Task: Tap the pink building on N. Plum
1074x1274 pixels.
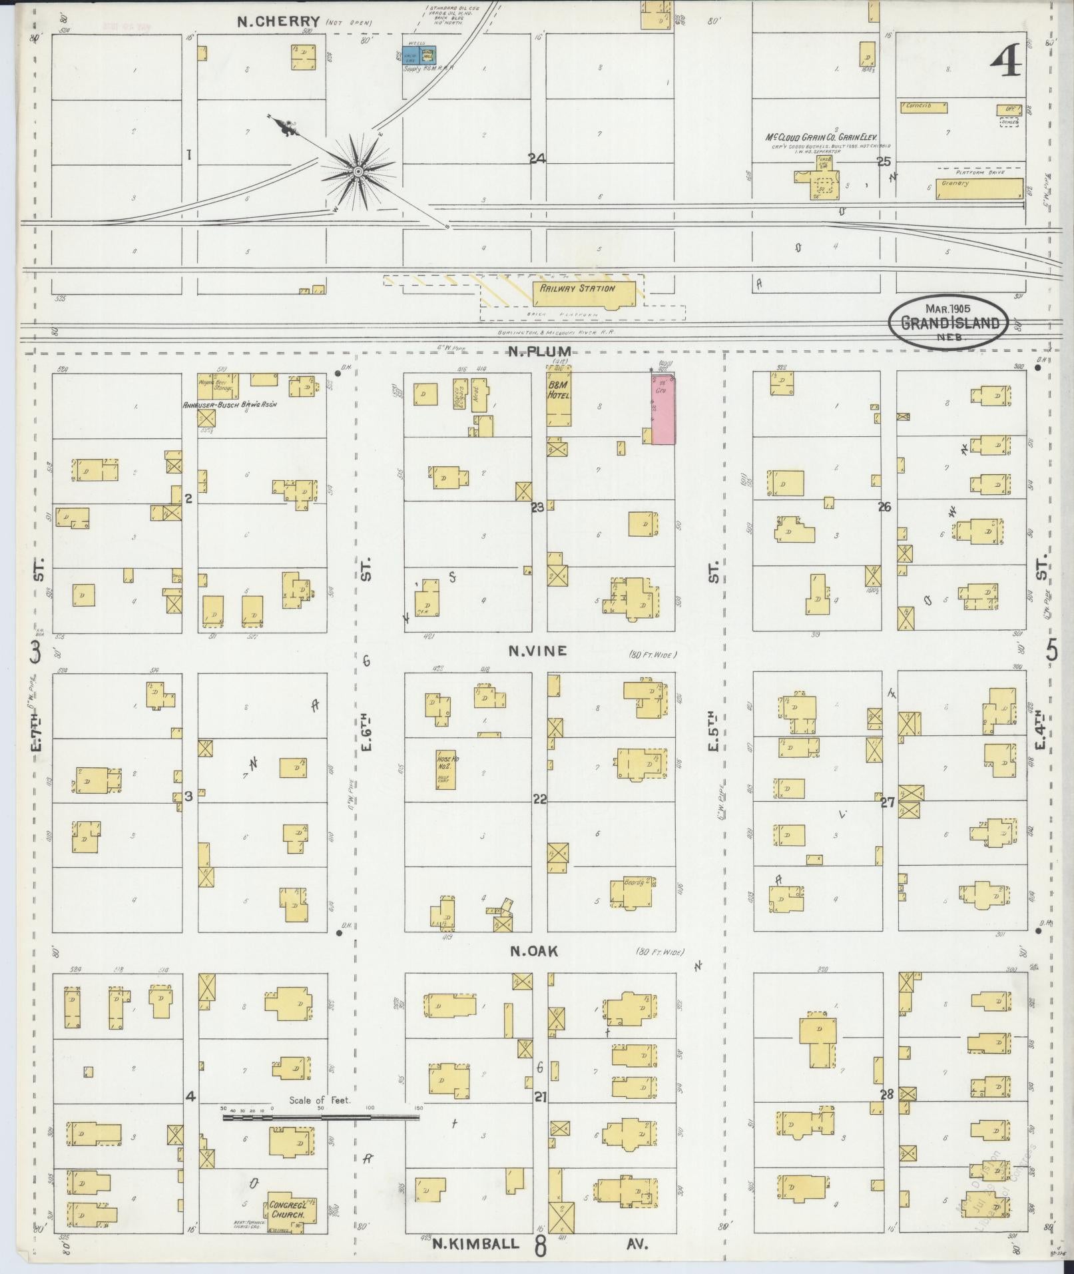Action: click(x=663, y=409)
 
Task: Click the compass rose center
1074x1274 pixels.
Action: click(x=358, y=172)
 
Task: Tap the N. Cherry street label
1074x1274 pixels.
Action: click(x=279, y=21)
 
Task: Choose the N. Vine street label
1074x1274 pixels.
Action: click(x=537, y=651)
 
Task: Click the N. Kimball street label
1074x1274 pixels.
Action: click(x=475, y=1243)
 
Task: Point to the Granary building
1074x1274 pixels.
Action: click(x=979, y=188)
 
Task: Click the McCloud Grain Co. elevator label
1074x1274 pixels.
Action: click(x=822, y=137)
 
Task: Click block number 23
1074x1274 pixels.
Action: click(x=537, y=507)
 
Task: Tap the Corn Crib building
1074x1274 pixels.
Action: click(x=923, y=106)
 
